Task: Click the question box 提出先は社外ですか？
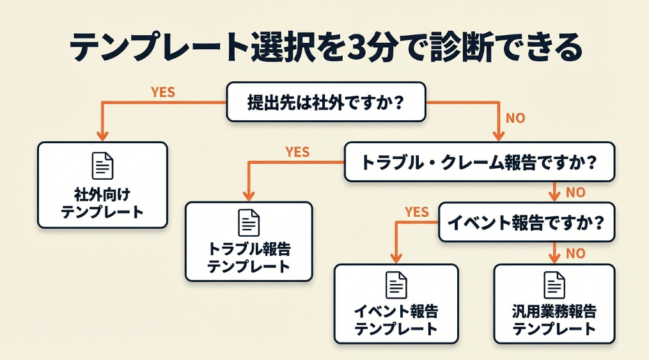coord(325,102)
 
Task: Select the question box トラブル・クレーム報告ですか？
coord(479,162)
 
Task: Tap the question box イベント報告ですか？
coord(526,223)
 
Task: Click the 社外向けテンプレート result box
coord(102,185)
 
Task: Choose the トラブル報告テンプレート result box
coord(249,242)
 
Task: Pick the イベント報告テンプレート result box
coord(396,304)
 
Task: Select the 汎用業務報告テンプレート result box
coord(554,304)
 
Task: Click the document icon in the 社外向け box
coord(102,166)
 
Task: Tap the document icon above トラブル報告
coord(249,222)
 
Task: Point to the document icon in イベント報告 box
coord(396,285)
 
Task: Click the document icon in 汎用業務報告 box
coord(554,285)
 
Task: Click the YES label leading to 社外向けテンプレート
coord(163,92)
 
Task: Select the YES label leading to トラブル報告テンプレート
coord(297,152)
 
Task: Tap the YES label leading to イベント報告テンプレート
coord(417,212)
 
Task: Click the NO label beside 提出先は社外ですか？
coord(515,118)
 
